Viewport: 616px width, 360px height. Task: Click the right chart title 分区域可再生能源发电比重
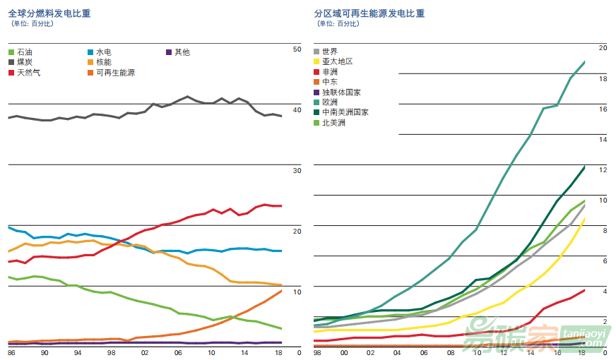(370, 13)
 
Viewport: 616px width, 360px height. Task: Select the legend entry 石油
(24, 52)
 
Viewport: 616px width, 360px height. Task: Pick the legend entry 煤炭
(24, 63)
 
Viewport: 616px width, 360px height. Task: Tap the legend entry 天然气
(28, 73)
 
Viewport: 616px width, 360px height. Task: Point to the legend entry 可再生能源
(115, 73)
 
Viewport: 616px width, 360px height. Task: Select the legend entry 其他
(182, 52)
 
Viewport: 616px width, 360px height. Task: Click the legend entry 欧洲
(329, 102)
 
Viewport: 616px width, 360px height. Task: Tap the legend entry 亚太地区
(337, 62)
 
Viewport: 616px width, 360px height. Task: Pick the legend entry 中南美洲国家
(345, 112)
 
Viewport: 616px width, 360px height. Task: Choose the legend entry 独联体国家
(341, 92)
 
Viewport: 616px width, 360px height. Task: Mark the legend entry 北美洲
(333, 123)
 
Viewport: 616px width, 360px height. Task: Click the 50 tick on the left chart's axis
(297, 49)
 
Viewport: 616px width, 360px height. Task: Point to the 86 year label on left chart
(11, 352)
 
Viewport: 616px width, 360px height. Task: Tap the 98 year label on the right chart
(317, 352)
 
